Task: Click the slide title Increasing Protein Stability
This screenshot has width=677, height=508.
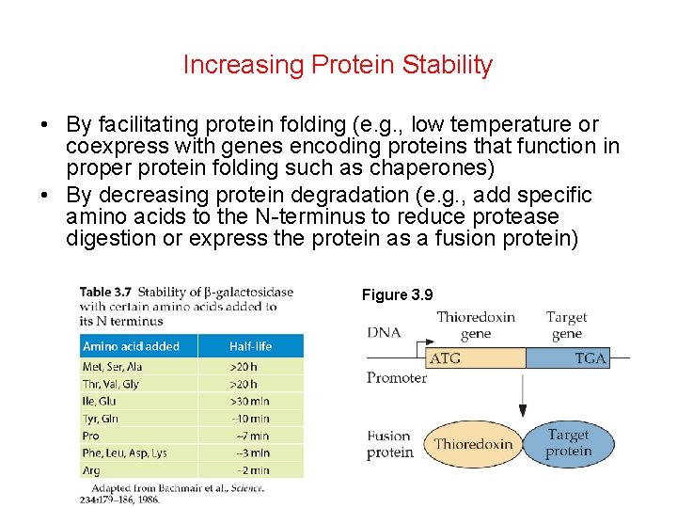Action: (338, 65)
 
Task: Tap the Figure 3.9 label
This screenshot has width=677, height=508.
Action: (397, 295)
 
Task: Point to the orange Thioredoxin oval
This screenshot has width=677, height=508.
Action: (473, 444)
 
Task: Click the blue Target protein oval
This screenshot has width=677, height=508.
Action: (568, 443)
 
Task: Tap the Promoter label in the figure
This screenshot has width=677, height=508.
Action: (396, 378)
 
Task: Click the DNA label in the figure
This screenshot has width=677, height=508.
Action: (384, 332)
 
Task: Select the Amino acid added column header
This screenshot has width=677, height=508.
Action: (131, 346)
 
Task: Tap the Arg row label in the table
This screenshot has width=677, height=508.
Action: (92, 469)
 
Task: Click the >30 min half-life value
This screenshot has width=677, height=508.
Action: (249, 402)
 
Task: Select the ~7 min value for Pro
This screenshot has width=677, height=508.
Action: (250, 436)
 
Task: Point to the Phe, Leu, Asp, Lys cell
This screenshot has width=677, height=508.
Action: (125, 452)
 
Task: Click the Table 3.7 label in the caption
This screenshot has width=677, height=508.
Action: (105, 293)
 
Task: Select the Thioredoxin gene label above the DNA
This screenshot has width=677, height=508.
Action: (475, 325)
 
